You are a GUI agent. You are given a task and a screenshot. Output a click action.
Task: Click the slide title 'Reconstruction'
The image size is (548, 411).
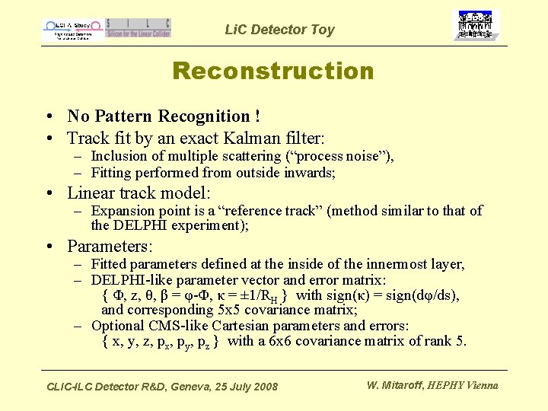tap(273, 71)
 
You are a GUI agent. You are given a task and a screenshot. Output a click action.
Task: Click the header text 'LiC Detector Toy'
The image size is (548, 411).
tap(279, 30)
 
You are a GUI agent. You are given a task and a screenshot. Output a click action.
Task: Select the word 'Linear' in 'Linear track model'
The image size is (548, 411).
tap(91, 193)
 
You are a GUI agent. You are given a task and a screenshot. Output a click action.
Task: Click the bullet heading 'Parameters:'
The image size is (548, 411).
tap(110, 246)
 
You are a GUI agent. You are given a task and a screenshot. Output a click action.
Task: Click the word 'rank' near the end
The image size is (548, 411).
tap(437, 340)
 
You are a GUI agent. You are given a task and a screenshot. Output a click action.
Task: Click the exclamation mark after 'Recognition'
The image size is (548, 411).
tap(258, 116)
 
